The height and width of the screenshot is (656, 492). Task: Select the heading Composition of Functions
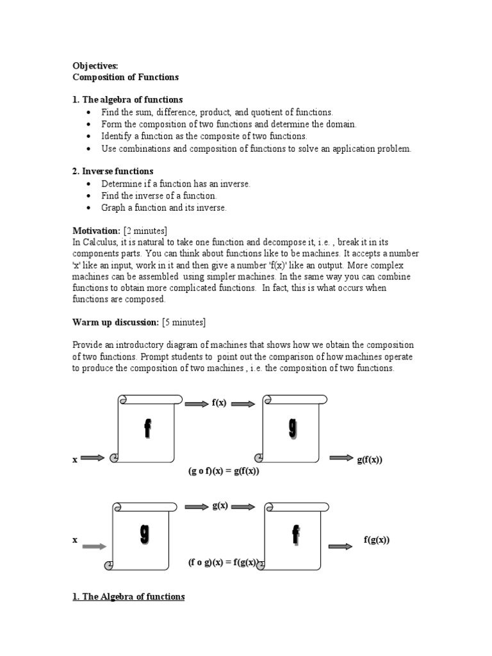point(126,78)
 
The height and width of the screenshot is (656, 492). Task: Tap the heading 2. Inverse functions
point(113,171)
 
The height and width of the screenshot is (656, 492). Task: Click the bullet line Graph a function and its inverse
point(164,208)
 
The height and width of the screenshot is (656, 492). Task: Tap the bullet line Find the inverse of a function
point(159,195)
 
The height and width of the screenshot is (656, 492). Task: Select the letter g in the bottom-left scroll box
point(145,536)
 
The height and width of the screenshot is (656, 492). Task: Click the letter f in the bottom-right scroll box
point(295,534)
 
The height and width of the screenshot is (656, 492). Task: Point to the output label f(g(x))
point(377,539)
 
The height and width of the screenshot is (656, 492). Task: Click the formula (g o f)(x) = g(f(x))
point(224,471)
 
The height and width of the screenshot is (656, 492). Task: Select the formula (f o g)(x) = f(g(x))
point(223,562)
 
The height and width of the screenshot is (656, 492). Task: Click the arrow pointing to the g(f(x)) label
point(341,458)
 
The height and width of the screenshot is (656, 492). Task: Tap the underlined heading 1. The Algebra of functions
point(129,596)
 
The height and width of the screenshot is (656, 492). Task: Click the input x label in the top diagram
point(75,459)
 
